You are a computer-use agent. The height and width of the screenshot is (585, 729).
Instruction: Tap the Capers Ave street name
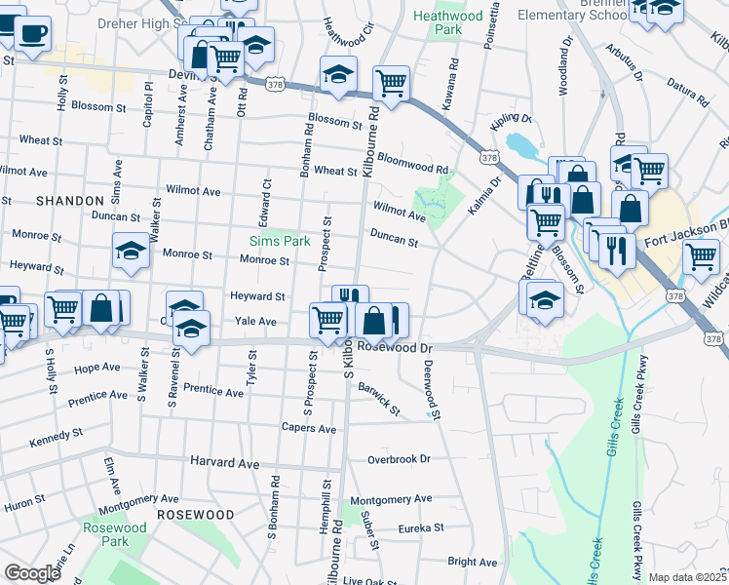tap(309, 429)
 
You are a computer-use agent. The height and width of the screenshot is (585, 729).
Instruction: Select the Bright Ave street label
tap(473, 562)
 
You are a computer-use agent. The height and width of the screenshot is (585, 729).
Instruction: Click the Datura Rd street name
tap(687, 95)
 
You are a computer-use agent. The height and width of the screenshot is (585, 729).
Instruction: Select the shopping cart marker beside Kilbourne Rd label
tap(391, 83)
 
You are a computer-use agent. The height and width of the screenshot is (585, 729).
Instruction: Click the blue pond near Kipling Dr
tap(520, 147)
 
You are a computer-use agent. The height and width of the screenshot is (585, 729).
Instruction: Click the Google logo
tap(32, 572)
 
